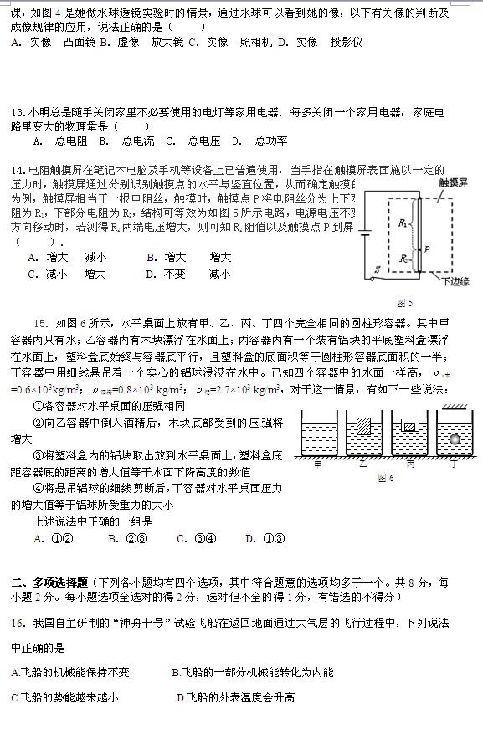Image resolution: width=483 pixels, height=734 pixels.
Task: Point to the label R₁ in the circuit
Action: tap(402, 223)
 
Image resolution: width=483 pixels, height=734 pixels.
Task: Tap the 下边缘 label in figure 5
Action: tap(455, 281)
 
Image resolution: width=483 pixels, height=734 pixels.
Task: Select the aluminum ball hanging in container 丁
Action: tap(454, 438)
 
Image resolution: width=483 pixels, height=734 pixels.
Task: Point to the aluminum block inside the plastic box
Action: tap(408, 429)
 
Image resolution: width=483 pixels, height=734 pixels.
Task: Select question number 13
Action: tap(18, 112)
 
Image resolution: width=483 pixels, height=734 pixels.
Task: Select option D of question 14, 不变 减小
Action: tap(187, 273)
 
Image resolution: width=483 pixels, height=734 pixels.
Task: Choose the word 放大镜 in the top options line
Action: tap(167, 41)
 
